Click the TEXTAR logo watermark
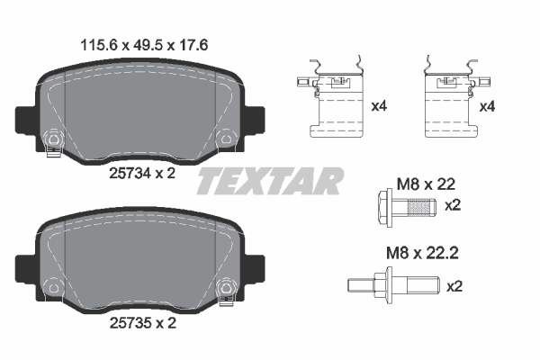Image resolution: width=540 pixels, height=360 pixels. [269, 180]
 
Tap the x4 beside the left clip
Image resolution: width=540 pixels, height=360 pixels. [379, 106]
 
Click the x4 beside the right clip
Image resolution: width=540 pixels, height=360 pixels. [488, 106]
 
